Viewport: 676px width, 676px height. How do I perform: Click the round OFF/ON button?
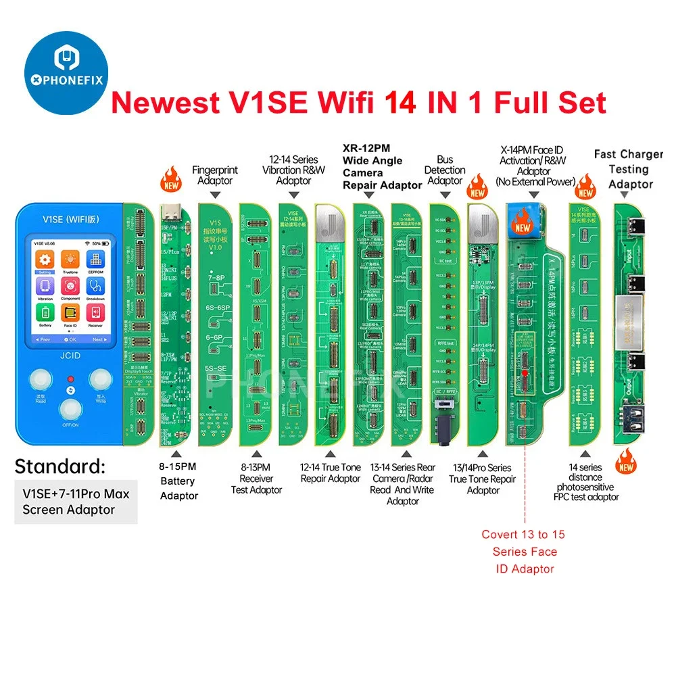pyautogui.click(x=70, y=410)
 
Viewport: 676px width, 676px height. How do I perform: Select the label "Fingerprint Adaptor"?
pyautogui.click(x=215, y=176)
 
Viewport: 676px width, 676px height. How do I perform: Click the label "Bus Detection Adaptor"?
pyautogui.click(x=445, y=170)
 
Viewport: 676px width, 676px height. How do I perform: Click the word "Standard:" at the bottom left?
pyautogui.click(x=59, y=466)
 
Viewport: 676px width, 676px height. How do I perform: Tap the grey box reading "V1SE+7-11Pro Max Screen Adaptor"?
pyautogui.click(x=76, y=501)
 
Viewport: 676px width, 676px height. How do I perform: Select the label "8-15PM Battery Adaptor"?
pyautogui.click(x=178, y=481)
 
